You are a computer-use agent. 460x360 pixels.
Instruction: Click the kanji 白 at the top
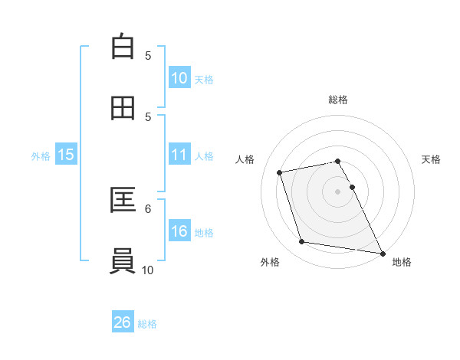[x=123, y=47]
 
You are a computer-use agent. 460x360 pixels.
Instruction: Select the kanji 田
[x=123, y=108]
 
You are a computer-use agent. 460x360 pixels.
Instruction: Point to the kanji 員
[x=123, y=261]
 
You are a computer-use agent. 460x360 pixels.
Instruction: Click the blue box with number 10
[x=179, y=78]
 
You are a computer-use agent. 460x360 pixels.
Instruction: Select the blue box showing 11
[x=179, y=155]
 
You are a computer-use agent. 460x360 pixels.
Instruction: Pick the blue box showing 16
[x=179, y=231]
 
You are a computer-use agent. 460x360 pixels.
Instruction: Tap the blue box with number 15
[x=66, y=155]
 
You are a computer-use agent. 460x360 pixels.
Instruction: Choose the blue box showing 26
[x=123, y=322]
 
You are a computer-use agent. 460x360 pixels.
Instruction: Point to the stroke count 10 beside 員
[x=148, y=270]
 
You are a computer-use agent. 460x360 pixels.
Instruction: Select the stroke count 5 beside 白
[x=148, y=55]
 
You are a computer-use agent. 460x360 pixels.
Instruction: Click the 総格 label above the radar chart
[x=338, y=100]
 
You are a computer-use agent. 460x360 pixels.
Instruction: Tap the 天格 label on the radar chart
[x=431, y=159]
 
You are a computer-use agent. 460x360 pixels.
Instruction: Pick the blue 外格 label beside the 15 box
[x=41, y=155]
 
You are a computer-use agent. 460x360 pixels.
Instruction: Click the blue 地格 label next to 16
[x=204, y=232]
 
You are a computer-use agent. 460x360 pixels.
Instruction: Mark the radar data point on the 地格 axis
[x=382, y=252]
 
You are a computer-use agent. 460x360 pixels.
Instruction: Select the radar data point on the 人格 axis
[x=280, y=172]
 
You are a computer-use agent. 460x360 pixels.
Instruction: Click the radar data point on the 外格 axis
[x=302, y=242]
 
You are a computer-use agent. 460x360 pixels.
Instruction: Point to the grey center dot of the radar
[x=338, y=191]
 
